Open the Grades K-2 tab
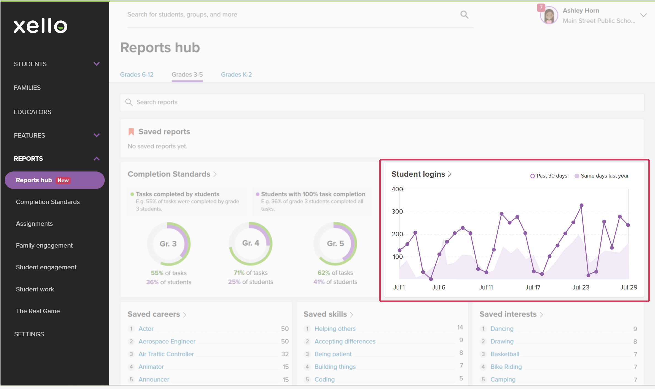coord(236,74)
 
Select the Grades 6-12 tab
coord(137,74)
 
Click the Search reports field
coord(382,102)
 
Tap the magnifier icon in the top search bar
coord(465,15)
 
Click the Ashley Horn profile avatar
coord(549,15)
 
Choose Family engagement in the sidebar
coord(44,245)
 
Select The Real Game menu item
coord(38,311)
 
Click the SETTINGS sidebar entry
coord(29,334)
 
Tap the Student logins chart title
coord(418,174)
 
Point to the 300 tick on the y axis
coord(397,211)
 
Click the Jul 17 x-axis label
coord(533,287)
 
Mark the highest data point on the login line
coord(581,205)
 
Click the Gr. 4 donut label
coord(251,243)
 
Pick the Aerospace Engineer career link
coord(167,341)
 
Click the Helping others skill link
coord(335,329)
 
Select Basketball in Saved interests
coord(505,354)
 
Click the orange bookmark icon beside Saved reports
coord(131,132)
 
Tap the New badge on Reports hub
coord(63,180)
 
